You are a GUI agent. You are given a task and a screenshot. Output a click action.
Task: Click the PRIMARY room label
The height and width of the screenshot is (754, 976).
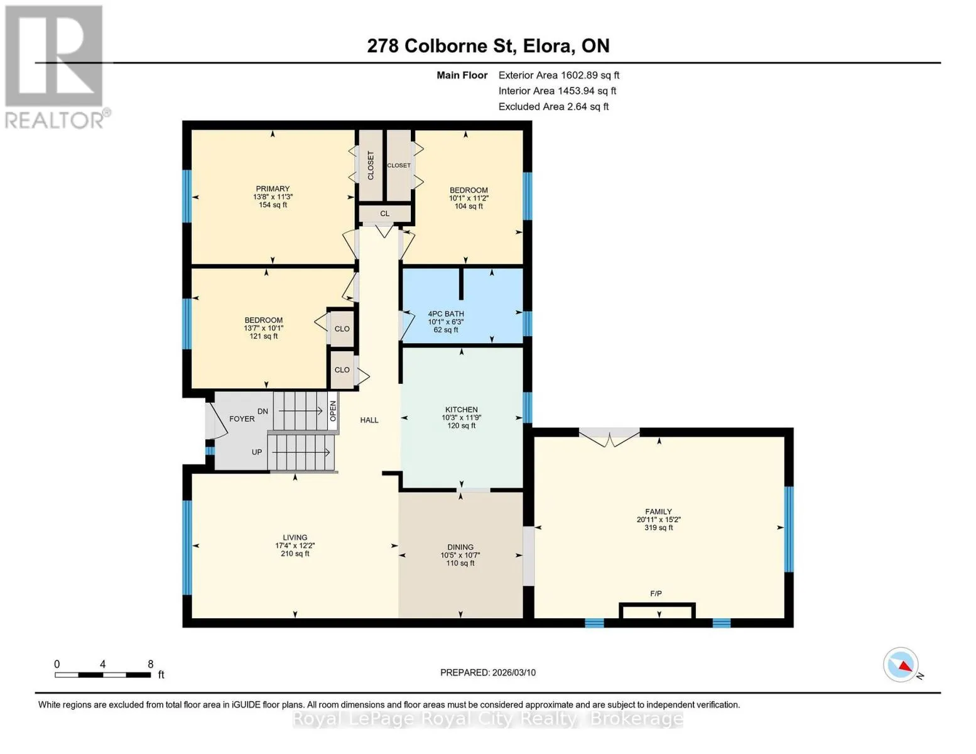coord(273,188)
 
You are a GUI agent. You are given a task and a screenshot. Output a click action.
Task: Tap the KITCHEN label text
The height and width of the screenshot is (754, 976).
coord(461,409)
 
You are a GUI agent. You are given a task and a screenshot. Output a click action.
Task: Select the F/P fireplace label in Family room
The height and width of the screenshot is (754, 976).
coord(656,594)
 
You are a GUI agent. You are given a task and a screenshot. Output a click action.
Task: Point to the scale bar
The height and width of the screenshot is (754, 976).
coord(103,675)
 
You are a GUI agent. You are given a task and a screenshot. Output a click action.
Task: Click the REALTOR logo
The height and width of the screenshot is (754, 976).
coord(56,67)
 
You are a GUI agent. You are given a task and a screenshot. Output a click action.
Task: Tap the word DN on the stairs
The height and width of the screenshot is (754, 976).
coord(263,411)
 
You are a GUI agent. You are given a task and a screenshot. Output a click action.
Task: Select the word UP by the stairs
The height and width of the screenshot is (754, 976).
coord(257,452)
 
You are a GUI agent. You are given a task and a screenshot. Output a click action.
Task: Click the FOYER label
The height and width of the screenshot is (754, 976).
coord(242,419)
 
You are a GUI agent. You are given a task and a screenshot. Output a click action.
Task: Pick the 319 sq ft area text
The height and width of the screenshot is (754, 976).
coord(658,528)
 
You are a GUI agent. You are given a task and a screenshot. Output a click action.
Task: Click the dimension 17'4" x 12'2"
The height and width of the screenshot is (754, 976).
coord(295,545)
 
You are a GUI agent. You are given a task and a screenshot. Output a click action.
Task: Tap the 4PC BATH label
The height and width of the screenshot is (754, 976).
coord(445,314)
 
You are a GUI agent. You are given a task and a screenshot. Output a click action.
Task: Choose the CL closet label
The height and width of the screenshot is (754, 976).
coord(385,214)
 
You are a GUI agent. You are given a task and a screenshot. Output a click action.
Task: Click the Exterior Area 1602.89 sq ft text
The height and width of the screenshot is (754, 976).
coord(559,75)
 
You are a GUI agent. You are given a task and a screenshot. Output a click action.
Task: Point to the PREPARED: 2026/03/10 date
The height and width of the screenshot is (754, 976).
coord(488,673)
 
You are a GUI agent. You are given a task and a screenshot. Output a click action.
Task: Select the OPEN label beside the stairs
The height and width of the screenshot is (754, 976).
coord(333,411)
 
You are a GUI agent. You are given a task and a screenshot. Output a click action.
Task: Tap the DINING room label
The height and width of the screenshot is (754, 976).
coord(460,547)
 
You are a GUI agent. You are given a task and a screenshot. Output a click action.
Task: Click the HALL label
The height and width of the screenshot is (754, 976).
coord(369,420)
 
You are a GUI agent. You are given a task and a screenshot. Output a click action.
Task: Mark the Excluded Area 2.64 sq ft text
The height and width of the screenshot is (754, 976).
coord(553,106)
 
